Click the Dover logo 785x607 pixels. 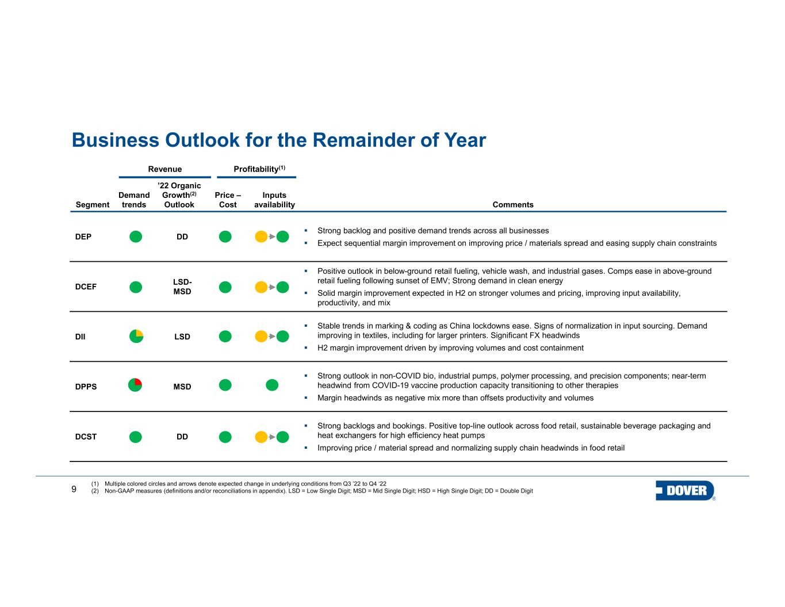685,491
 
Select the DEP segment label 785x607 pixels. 83,236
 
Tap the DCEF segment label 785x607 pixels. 86,287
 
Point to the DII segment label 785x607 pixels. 81,337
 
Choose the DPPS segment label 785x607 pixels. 86,387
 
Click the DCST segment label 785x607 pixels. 86,437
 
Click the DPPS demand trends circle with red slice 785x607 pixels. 135,385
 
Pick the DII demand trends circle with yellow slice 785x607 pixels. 136,336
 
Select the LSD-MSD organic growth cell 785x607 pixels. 182,287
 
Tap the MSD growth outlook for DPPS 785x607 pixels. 182,387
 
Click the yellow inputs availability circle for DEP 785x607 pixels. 261,236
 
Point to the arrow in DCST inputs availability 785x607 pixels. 272,437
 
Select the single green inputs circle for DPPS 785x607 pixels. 272,385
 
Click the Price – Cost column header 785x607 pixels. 228,200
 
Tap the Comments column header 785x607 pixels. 513,205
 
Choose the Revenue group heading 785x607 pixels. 165,169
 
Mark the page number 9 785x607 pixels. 74,490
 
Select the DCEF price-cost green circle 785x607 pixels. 225,287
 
